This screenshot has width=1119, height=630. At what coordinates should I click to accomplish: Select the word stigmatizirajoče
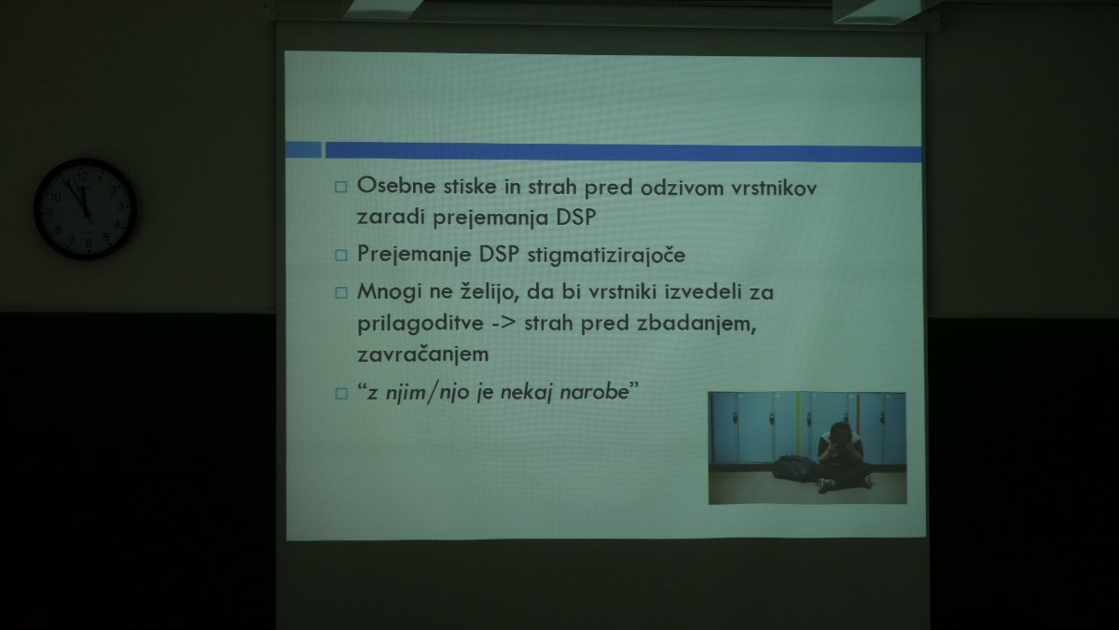click(606, 256)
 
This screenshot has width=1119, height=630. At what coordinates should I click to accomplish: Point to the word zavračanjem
click(422, 355)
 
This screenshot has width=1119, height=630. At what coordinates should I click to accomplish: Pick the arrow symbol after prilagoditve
click(504, 324)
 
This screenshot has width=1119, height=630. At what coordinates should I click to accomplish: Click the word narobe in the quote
click(594, 391)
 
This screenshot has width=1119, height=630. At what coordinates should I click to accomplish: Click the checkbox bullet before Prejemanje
click(340, 256)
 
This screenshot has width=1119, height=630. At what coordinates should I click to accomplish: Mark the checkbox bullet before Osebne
click(340, 187)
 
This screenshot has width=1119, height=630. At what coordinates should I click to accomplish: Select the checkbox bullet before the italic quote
click(341, 394)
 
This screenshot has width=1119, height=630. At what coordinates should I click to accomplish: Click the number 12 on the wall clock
click(82, 176)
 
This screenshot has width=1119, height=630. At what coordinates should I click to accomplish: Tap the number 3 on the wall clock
click(120, 206)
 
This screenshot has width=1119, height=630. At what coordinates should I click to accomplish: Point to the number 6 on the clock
click(89, 243)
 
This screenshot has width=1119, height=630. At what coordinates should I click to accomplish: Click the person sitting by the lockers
click(844, 456)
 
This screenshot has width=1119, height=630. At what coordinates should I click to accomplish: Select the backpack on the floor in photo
click(794, 469)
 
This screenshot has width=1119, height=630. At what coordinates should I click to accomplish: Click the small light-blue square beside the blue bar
click(303, 149)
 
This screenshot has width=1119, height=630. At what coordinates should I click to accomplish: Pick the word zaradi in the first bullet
click(390, 217)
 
